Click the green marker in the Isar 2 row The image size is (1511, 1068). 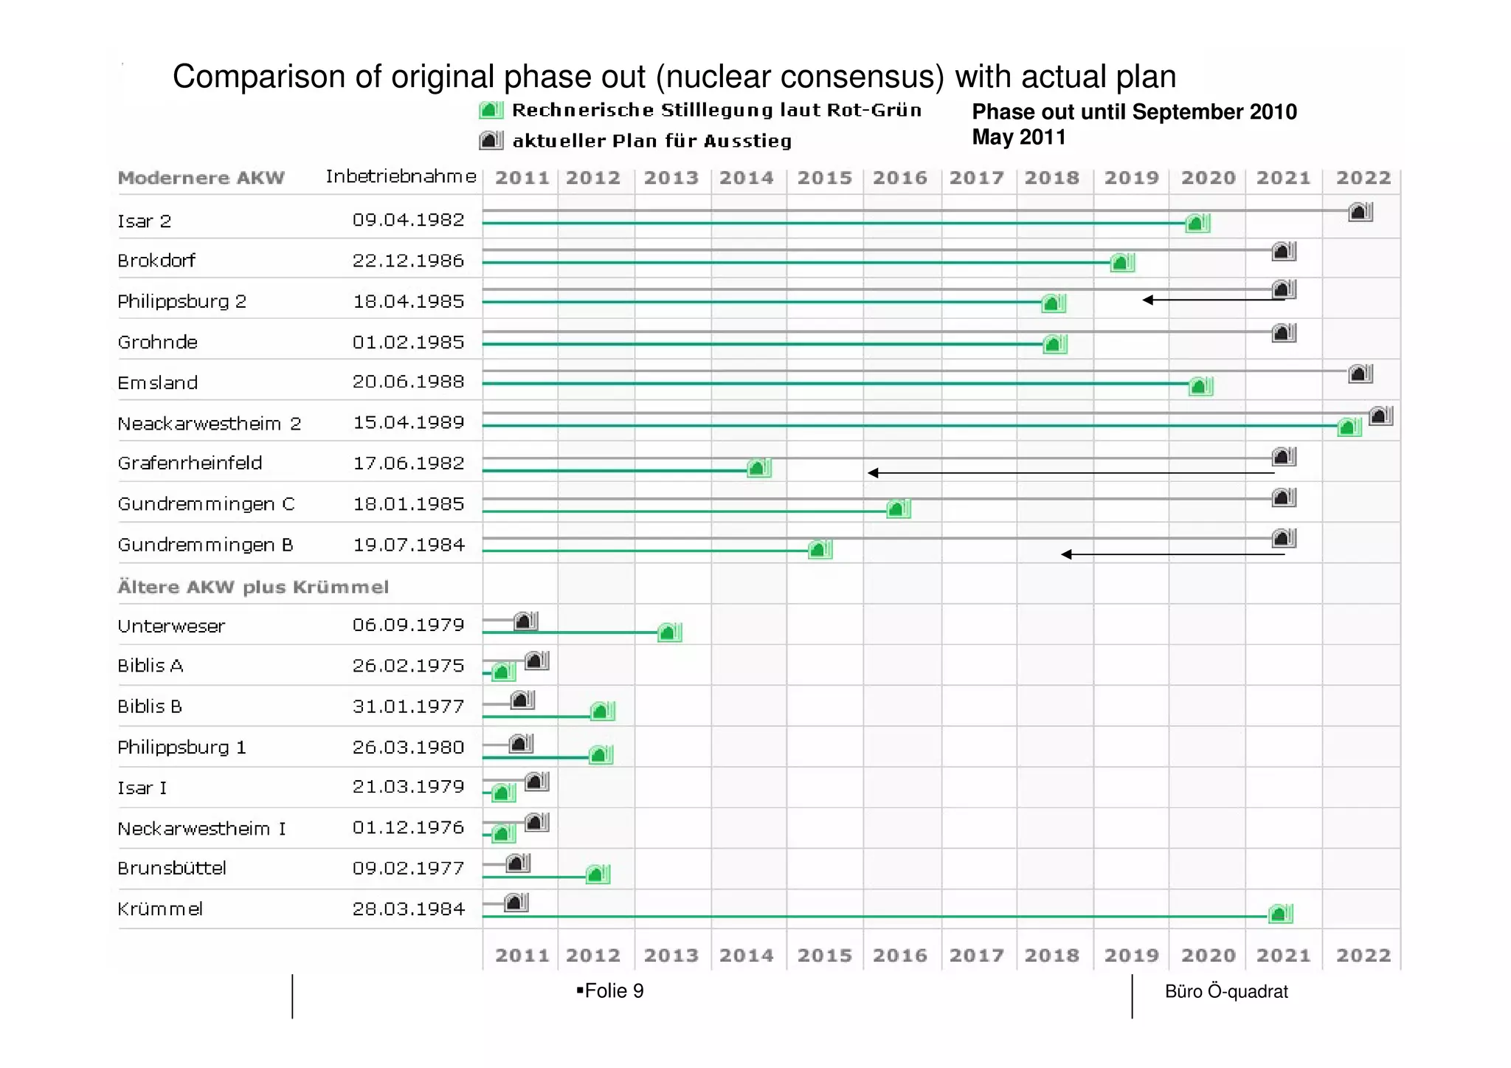pyautogui.click(x=1197, y=223)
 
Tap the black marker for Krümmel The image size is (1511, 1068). pyautogui.click(x=516, y=902)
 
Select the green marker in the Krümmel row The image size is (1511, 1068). pyautogui.click(x=1280, y=914)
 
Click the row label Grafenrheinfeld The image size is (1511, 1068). pyautogui.click(x=190, y=463)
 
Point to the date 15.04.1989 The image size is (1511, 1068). pyautogui.click(x=408, y=422)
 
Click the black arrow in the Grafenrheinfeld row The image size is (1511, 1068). pyautogui.click(x=1070, y=472)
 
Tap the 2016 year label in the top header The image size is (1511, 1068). pyautogui.click(x=900, y=178)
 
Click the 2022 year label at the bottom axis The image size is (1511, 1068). pyautogui.click(x=1363, y=955)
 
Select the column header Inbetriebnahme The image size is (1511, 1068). pyautogui.click(x=401, y=176)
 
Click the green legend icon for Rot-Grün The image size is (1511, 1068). pyautogui.click(x=491, y=110)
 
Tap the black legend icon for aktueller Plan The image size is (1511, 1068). pyautogui.click(x=491, y=140)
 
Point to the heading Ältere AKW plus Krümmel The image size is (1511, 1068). pyautogui.click(x=253, y=587)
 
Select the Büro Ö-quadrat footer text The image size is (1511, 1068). pyautogui.click(x=1226, y=991)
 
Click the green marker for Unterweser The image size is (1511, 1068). pyautogui.click(x=669, y=633)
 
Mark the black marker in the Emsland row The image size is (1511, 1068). pyautogui.click(x=1360, y=374)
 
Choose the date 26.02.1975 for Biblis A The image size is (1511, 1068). pyautogui.click(x=408, y=666)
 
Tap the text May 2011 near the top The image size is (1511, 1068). pyautogui.click(x=1018, y=137)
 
